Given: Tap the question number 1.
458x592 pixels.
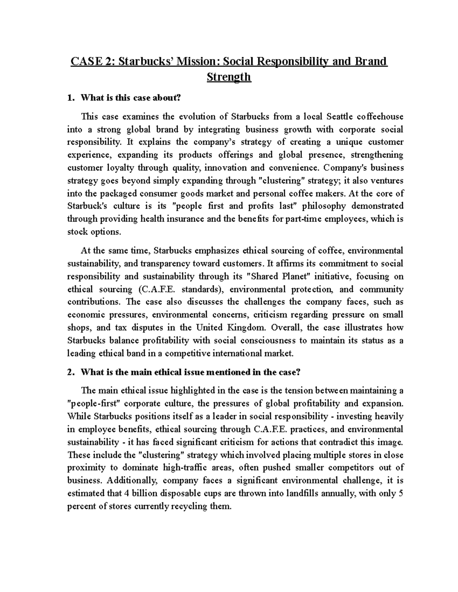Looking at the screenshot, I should point(69,98).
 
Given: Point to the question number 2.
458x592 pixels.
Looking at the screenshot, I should point(69,372).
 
